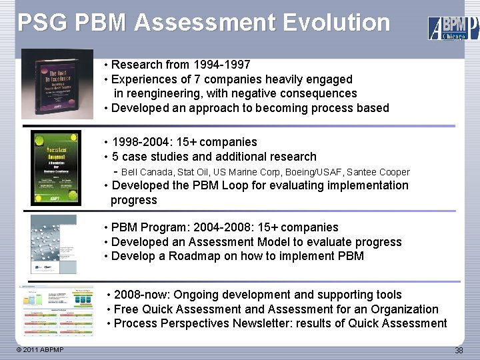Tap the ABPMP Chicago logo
(453, 27)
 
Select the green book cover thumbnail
(55, 167)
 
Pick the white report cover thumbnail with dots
(54, 244)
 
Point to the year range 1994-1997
(221, 65)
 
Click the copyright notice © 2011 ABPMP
(41, 350)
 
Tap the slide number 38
(459, 351)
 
